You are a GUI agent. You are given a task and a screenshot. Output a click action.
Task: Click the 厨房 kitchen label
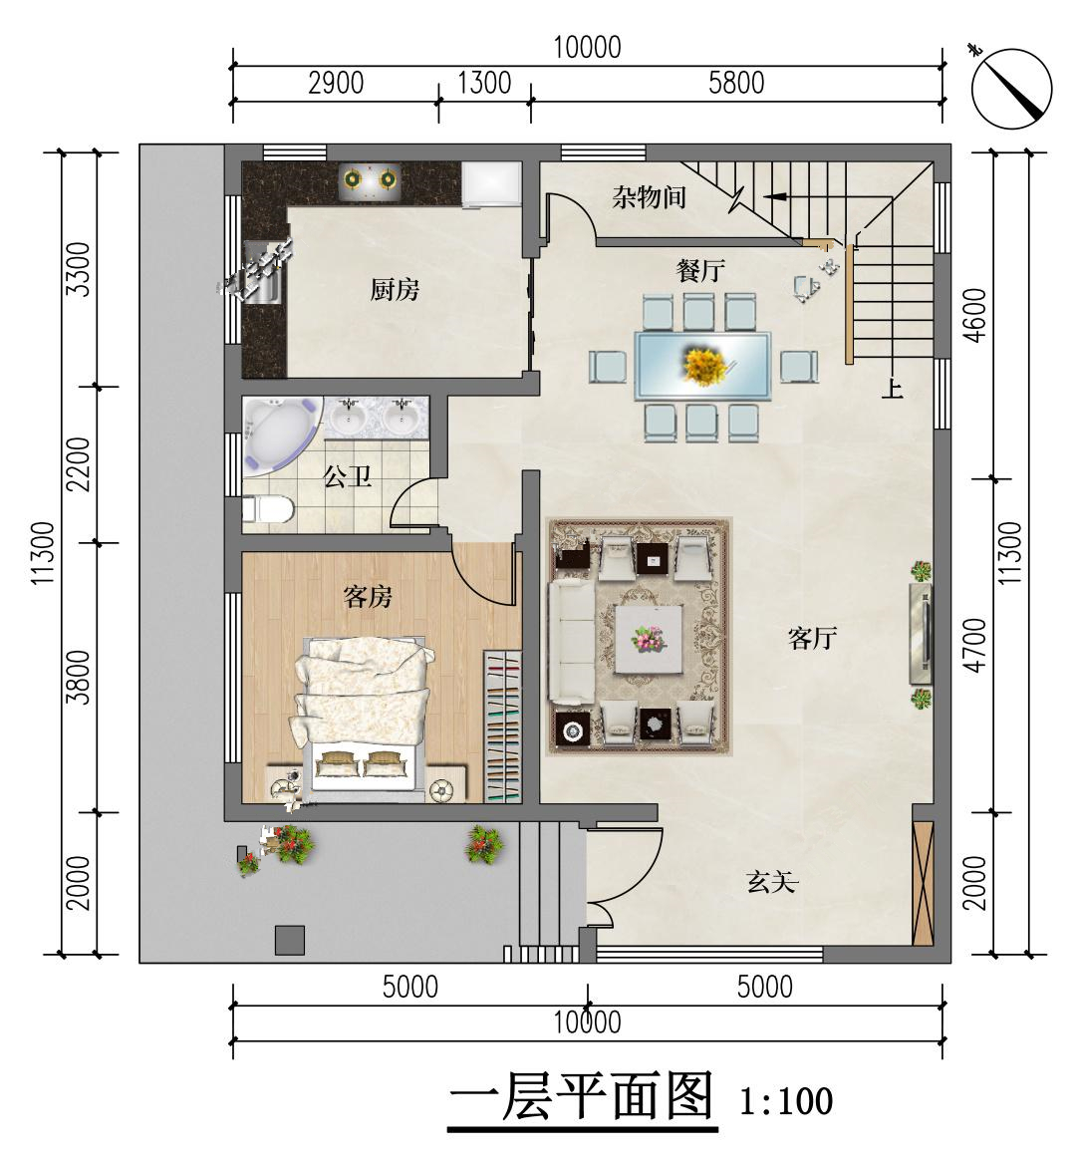[395, 289]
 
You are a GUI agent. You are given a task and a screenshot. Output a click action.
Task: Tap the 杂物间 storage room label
[649, 196]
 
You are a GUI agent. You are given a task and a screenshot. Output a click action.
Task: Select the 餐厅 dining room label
[700, 271]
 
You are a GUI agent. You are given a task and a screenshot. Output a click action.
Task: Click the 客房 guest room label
[368, 596]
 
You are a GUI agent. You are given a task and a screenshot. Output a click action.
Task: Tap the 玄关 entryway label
[772, 881]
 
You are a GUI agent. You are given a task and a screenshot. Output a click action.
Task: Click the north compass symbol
[1011, 88]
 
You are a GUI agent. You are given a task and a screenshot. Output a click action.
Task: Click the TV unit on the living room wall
[921, 633]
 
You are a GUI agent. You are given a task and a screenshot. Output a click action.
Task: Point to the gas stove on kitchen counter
[369, 179]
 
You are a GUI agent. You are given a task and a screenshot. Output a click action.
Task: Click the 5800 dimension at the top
[736, 83]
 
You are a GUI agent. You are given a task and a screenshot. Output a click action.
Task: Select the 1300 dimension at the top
[484, 83]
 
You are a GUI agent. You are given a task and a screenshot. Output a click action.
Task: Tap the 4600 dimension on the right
[976, 315]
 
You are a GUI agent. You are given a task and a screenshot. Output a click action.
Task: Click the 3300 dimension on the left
[78, 269]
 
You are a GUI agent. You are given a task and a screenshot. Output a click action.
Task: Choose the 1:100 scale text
[786, 1101]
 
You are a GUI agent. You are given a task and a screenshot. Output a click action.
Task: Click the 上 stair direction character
[893, 388]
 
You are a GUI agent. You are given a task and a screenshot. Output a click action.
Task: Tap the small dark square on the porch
[290, 940]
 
